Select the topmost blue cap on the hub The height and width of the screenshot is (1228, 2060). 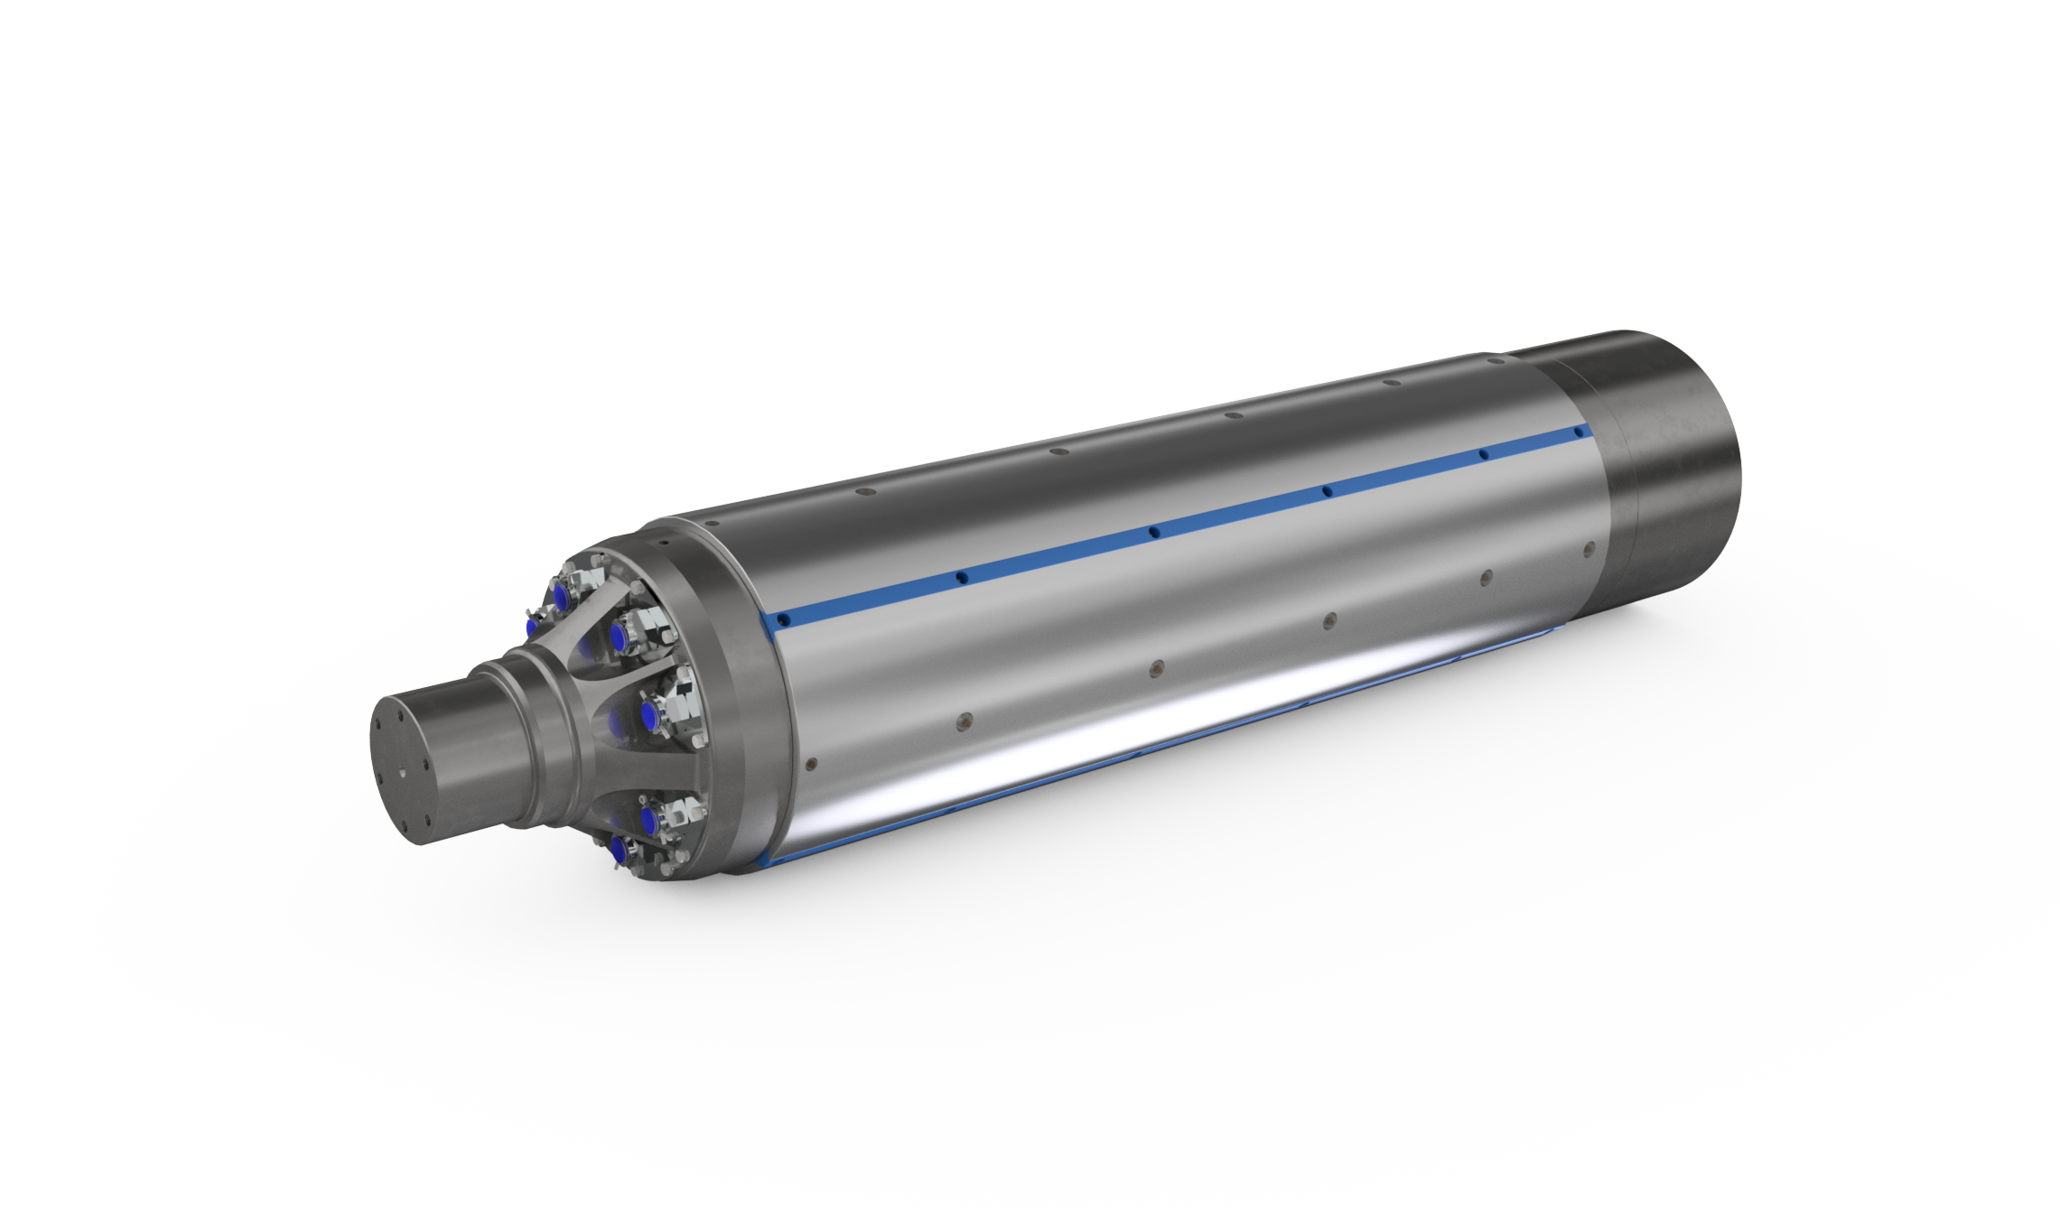coord(562,597)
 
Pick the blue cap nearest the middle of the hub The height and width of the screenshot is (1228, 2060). coord(648,716)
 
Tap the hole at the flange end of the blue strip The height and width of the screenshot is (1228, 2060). coord(784,620)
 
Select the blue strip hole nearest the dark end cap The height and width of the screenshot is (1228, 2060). coord(1579,433)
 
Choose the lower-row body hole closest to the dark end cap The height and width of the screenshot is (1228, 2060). coord(1589,548)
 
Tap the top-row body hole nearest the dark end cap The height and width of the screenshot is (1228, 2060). coord(1392,382)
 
